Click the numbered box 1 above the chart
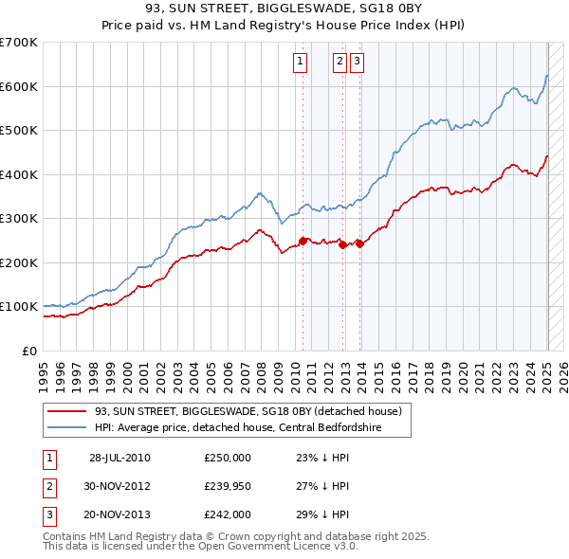pyautogui.click(x=300, y=63)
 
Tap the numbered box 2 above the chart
pyautogui.click(x=339, y=63)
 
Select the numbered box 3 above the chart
pyautogui.click(x=357, y=63)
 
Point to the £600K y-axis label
pyautogui.click(x=19, y=86)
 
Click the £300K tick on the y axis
pyautogui.click(x=19, y=219)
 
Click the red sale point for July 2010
pyautogui.click(x=303, y=241)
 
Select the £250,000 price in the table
pyautogui.click(x=228, y=458)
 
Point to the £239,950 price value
pyautogui.click(x=228, y=486)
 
